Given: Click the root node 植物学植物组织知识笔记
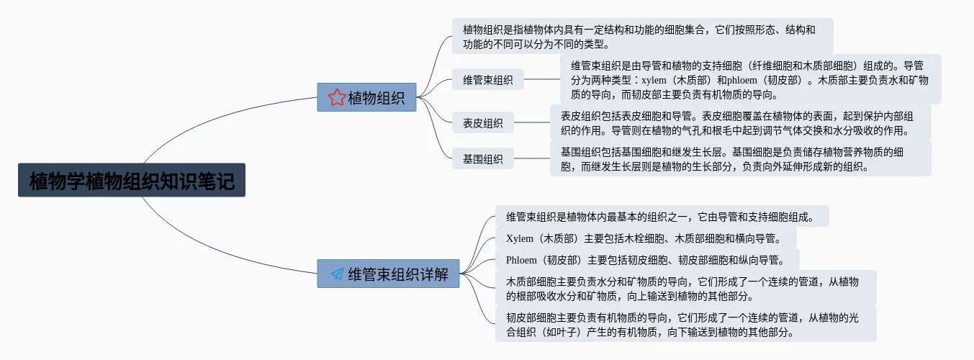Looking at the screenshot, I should tap(132, 180).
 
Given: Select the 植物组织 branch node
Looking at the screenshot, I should tap(367, 97).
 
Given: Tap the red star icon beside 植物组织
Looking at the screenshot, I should tap(335, 97).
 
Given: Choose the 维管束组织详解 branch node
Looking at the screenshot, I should tap(389, 274).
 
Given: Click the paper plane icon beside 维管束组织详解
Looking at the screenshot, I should tap(337, 274).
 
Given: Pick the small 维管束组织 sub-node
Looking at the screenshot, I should tap(487, 80).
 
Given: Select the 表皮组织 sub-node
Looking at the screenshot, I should tap(482, 122).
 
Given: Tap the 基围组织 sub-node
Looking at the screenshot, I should tap(482, 158).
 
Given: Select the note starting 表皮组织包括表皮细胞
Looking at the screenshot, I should tap(740, 122).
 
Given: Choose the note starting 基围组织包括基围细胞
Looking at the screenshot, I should tap(740, 158).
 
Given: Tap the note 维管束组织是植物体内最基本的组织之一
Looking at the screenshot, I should tap(661, 216).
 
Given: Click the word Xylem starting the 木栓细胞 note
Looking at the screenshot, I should tap(520, 238).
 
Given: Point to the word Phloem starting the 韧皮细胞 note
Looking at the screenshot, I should tap(521, 260).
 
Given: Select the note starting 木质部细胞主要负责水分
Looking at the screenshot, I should tap(685, 288).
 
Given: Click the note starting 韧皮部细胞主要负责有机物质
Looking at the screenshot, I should tap(685, 324).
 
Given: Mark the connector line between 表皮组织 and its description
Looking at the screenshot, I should tap(532, 122).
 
